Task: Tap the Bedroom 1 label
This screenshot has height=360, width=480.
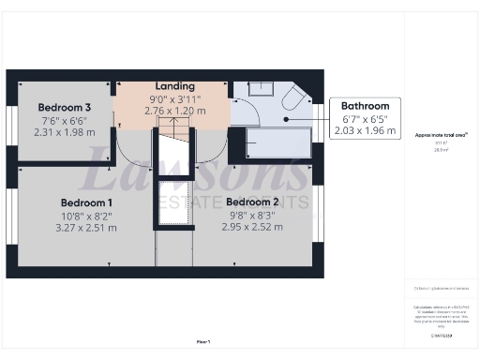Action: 86,202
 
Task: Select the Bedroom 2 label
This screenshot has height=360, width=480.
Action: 252,202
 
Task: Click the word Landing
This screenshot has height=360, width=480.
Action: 175,85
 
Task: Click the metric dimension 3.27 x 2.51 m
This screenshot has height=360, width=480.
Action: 86,227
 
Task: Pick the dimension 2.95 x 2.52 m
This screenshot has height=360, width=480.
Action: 252,227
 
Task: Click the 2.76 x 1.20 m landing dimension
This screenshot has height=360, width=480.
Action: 175,110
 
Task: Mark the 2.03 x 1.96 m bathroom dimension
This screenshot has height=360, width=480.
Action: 365,131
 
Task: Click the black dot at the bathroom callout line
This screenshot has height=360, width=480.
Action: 287,119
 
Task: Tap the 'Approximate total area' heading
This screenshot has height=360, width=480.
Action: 441,135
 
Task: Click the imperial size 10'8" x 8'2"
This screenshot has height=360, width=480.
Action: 86,215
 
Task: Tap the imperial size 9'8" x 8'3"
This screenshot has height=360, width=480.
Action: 252,215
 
